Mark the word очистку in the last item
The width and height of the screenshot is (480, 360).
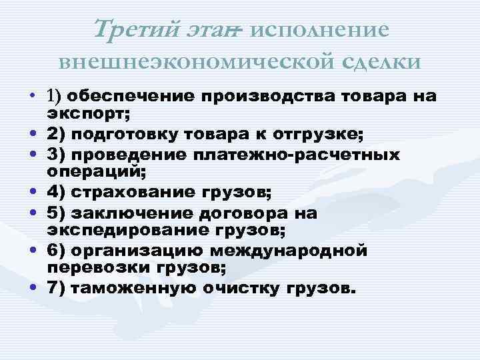[x=252, y=290]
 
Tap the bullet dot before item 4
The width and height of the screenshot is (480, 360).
[x=32, y=194]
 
